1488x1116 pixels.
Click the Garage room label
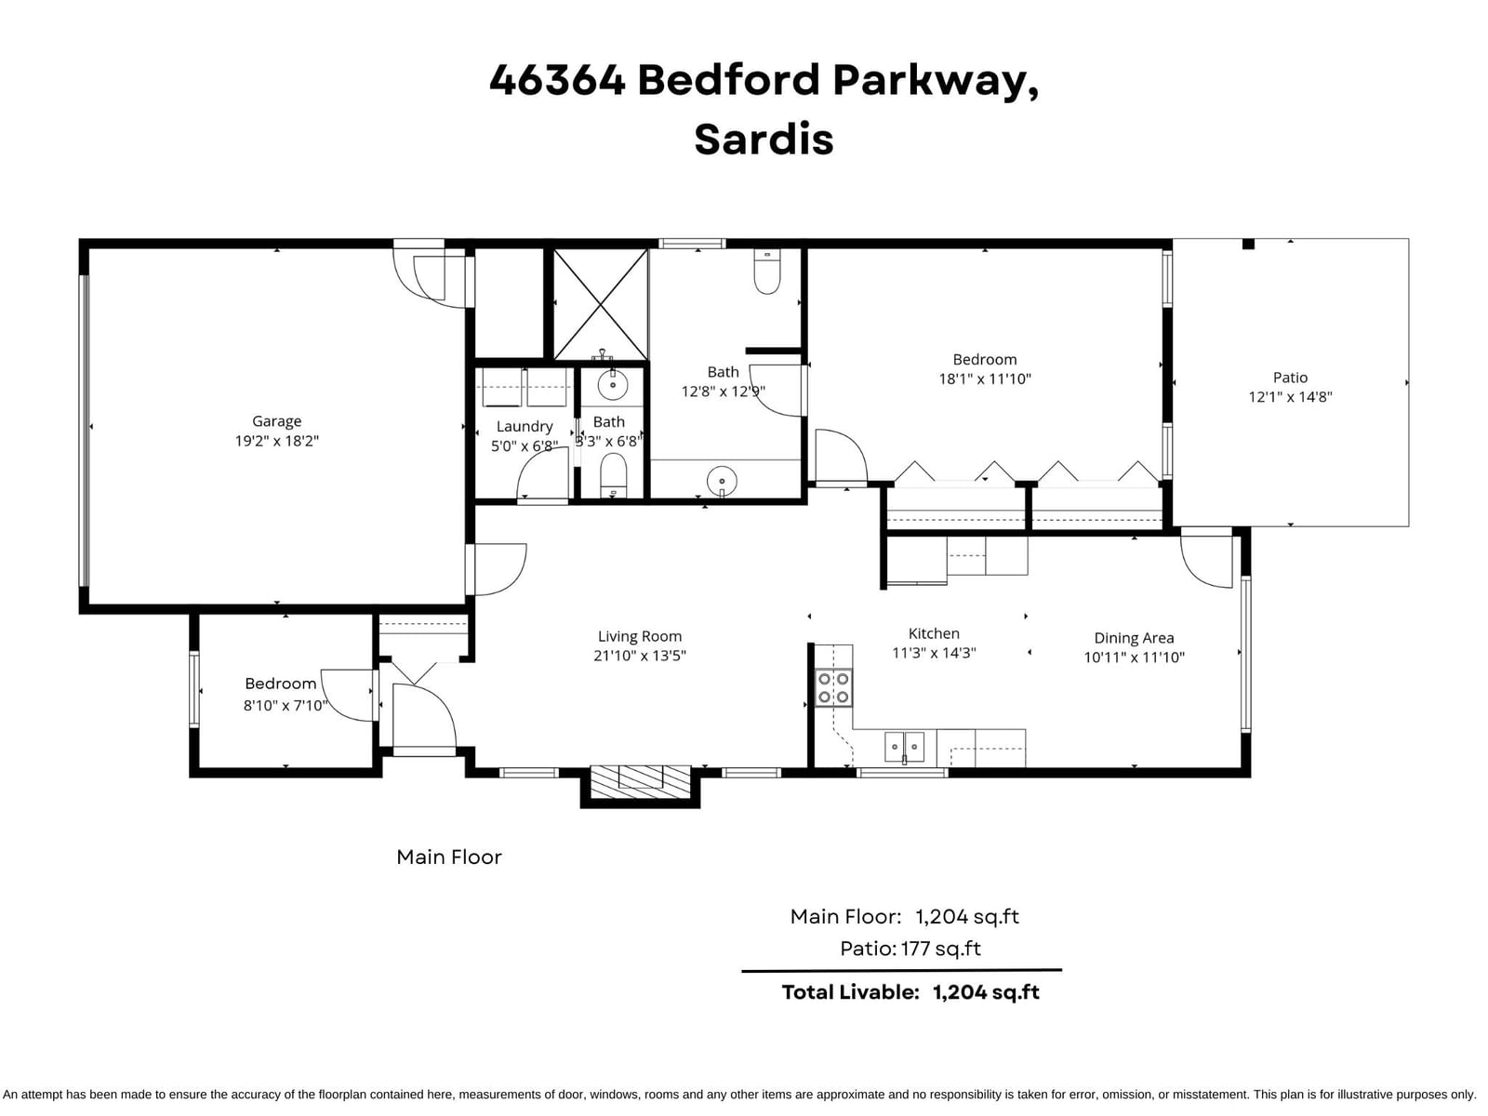click(276, 421)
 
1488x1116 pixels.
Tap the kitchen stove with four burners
click(833, 688)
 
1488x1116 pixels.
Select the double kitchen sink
click(904, 747)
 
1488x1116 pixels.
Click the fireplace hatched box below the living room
click(640, 781)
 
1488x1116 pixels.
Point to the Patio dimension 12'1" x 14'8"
click(1290, 397)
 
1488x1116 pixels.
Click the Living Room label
click(639, 636)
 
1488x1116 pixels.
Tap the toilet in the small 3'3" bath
click(614, 475)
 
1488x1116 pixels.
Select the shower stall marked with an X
click(601, 304)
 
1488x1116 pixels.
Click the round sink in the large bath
click(722, 482)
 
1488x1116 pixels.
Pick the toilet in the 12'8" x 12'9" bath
click(766, 271)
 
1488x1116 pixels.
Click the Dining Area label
click(1134, 638)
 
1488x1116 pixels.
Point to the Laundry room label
click(524, 426)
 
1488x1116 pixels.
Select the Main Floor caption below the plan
click(449, 857)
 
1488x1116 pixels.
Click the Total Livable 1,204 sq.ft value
click(986, 992)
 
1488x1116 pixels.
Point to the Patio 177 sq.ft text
click(910, 949)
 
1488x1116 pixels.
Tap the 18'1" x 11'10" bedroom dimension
click(984, 379)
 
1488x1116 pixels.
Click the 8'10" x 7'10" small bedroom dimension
click(286, 705)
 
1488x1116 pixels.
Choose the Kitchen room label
click(934, 633)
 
